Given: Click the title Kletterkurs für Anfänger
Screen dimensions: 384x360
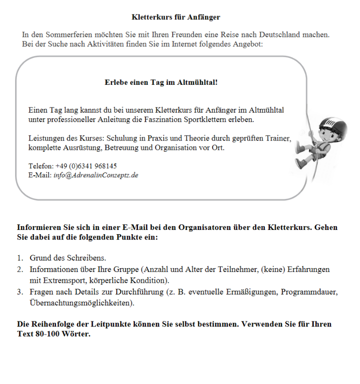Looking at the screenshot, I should tap(176, 17).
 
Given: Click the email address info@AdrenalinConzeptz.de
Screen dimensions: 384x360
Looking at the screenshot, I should tap(96, 175).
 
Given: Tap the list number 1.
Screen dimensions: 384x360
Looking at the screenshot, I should tap(20, 258).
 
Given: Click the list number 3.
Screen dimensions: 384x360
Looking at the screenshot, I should tap(20, 293).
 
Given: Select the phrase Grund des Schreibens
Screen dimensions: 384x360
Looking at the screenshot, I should tap(68, 258).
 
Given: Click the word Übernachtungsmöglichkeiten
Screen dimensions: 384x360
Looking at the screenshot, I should tap(82, 303).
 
